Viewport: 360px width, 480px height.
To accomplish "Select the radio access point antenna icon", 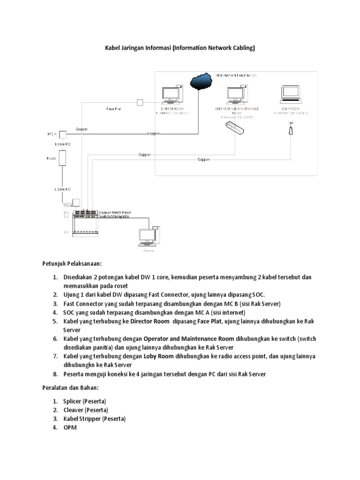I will coord(290,129).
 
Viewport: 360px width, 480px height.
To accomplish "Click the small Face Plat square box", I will coord(140,103).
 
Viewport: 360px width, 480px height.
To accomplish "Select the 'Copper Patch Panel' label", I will coord(115,213).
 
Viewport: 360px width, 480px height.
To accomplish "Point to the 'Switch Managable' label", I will coord(114,217).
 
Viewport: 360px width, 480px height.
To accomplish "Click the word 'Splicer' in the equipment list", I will coord(73,401).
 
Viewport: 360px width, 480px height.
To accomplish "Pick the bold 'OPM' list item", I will coord(70,427).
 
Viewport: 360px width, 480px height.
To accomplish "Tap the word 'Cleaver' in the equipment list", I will coord(73,410).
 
